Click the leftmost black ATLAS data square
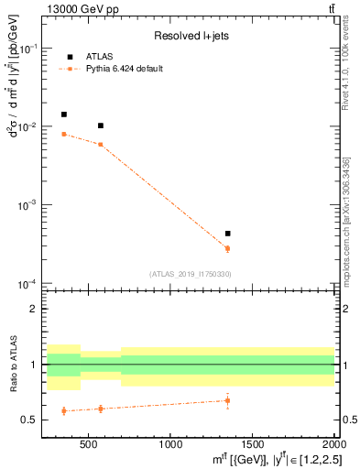(x=63, y=115)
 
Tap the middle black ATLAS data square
(x=101, y=125)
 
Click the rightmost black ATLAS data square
(x=227, y=234)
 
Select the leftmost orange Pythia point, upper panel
(x=63, y=134)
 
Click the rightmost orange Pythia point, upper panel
(x=227, y=248)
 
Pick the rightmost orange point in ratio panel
(x=227, y=400)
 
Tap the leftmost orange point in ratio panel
(x=63, y=410)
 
